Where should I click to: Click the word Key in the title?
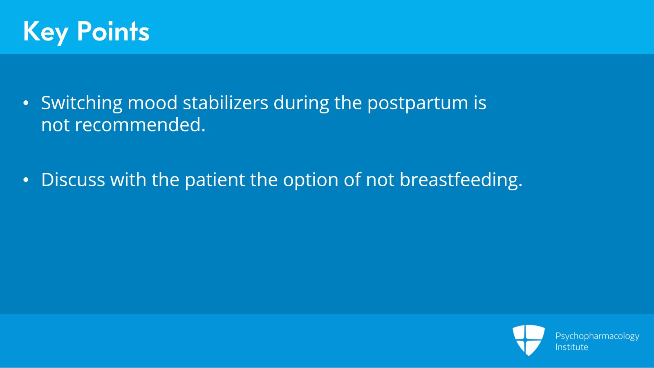click(x=45, y=32)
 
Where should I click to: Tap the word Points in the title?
click(x=113, y=32)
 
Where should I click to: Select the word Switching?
click(x=81, y=103)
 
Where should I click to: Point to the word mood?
click(x=152, y=103)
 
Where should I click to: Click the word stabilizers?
click(x=225, y=103)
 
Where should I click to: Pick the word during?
click(x=301, y=103)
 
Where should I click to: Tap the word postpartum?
click(x=417, y=104)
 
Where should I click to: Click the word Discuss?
click(x=73, y=180)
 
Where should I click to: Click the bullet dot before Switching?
click(x=26, y=103)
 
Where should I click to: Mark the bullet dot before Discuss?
click(x=26, y=180)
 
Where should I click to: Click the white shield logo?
click(x=529, y=340)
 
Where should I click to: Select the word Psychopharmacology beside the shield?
click(x=597, y=336)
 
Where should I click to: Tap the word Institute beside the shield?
click(x=571, y=347)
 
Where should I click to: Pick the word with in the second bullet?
click(x=128, y=180)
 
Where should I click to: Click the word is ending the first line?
click(x=480, y=103)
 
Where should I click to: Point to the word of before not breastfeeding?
click(x=352, y=180)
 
